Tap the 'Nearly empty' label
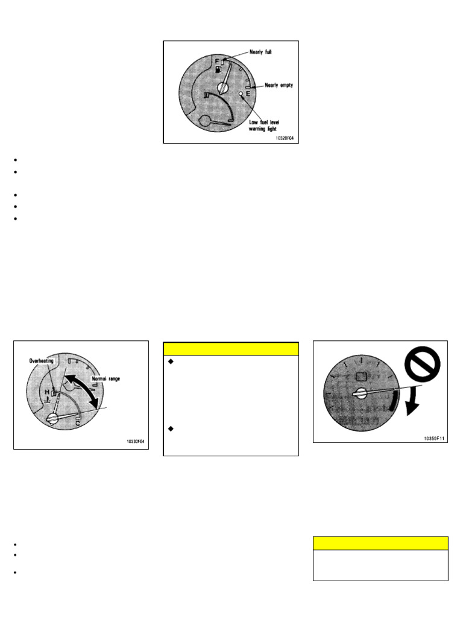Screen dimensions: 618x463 (278, 85)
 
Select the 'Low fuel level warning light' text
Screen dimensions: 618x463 (267, 126)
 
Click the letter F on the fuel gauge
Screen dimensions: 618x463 (216, 61)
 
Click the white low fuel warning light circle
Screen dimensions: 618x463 (240, 95)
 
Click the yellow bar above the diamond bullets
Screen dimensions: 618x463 (231, 349)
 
